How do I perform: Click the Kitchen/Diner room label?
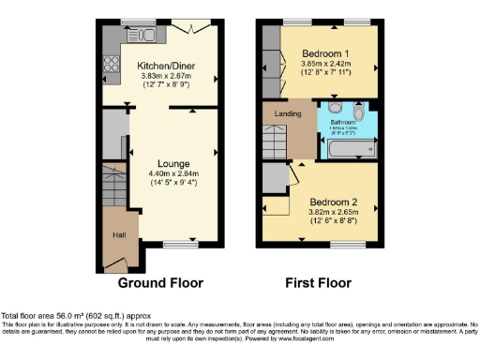tap(166, 66)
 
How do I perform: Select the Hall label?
tap(120, 235)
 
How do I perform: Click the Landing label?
tap(287, 114)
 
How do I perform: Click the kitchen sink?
tap(153, 35)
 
